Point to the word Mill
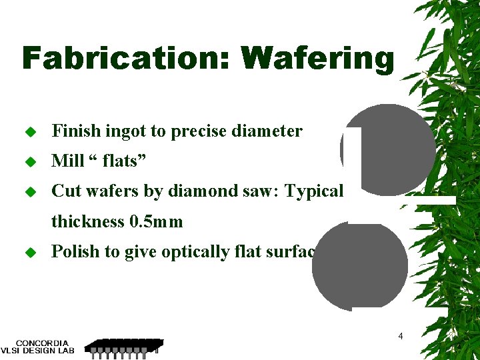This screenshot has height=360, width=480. [68, 161]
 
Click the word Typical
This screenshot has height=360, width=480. [314, 191]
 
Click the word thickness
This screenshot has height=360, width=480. [87, 221]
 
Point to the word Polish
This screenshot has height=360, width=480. [73, 251]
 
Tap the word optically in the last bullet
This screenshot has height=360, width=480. [191, 251]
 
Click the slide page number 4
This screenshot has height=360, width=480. [400, 336]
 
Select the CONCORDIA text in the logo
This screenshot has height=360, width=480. [42, 343]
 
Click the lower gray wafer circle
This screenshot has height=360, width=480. [360, 267]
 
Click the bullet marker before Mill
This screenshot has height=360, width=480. [29, 162]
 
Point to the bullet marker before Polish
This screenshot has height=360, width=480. [29, 252]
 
